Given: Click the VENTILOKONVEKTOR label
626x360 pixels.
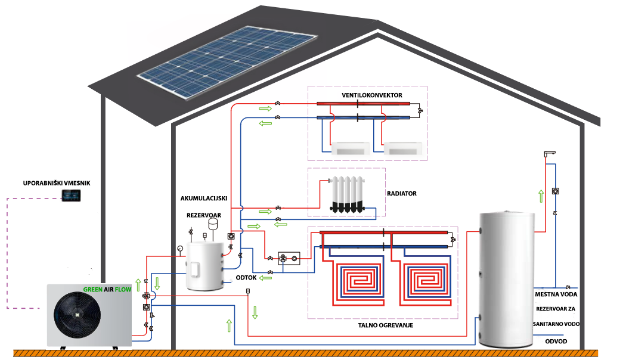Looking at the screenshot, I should coord(371,95).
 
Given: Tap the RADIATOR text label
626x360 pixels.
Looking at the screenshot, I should coord(401,194).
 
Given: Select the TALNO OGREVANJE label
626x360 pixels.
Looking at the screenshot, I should coord(386,325).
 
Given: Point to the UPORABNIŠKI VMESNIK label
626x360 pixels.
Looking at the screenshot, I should coord(56,183).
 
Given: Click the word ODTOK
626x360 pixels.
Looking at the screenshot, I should coord(246,277).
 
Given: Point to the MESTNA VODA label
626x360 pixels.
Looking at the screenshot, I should coord(556,294).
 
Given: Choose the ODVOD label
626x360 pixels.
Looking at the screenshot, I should coord(556,341).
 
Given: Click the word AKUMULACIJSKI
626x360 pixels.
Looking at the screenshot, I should coord(204,197).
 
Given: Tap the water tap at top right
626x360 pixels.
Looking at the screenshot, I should coord(550,154).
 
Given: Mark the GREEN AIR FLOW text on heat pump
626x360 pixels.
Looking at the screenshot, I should coord(107,290).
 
